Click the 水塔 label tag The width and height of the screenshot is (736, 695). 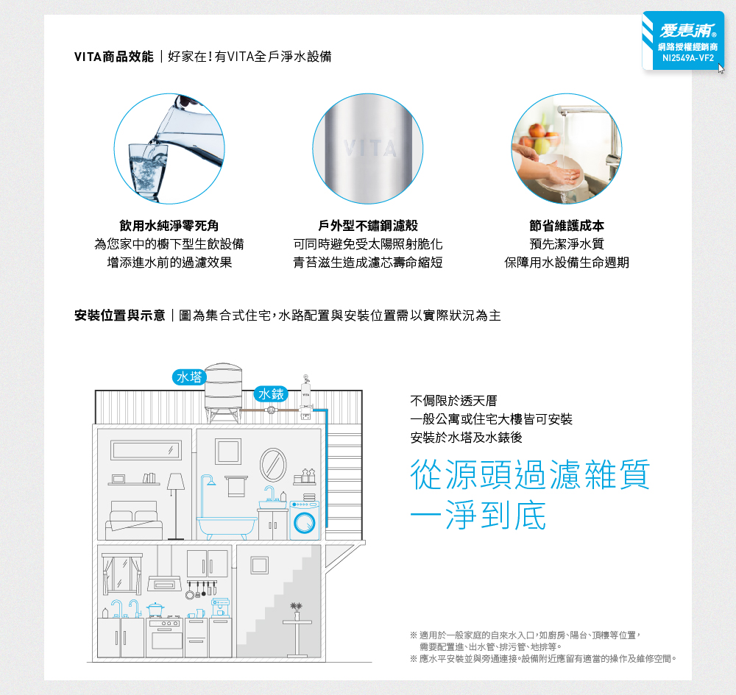point(189,377)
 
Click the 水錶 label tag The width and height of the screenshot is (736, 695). point(271,394)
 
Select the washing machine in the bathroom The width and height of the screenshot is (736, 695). point(305,520)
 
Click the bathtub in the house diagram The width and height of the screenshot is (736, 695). point(227,527)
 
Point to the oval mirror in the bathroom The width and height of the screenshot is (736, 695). point(273,465)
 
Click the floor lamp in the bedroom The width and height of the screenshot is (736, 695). point(176,506)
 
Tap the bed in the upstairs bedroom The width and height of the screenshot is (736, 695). point(134,520)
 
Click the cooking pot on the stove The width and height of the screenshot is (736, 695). point(155,610)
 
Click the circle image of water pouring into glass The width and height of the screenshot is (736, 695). point(169,149)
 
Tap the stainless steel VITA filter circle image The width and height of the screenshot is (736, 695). point(368,149)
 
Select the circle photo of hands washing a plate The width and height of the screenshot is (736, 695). point(567,149)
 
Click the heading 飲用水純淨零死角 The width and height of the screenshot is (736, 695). point(169,226)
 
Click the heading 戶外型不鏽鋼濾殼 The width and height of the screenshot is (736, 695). point(368,226)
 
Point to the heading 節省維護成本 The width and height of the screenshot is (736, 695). point(567,226)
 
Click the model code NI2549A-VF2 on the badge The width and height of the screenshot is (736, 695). point(687,58)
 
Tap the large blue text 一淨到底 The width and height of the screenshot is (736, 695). point(478,515)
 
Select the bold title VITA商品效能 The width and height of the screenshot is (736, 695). point(114,57)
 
